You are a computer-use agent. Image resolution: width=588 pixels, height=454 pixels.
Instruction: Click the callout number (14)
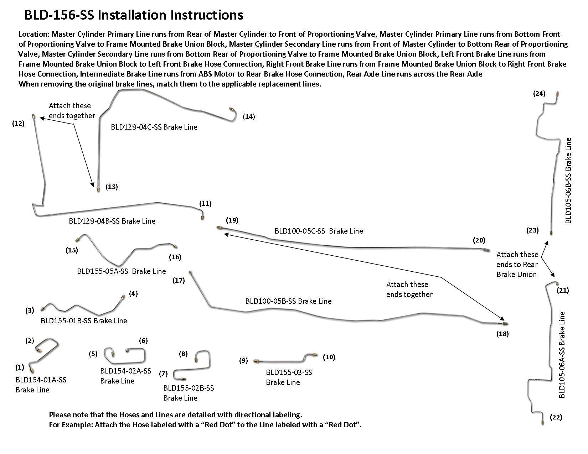[x=249, y=117]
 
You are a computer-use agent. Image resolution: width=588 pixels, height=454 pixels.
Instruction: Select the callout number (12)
[x=18, y=124]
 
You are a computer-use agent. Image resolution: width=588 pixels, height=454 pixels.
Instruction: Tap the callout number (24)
[x=539, y=94]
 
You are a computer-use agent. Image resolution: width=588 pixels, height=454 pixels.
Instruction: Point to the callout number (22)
[x=556, y=417]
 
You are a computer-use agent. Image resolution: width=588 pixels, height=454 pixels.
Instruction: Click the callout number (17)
[x=179, y=281]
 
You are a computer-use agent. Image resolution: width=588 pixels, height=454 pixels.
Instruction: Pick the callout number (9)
[x=243, y=361]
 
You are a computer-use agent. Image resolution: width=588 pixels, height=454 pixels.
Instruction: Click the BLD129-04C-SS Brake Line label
[x=154, y=127]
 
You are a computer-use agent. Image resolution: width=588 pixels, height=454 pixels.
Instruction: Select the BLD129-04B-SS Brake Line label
[x=112, y=221]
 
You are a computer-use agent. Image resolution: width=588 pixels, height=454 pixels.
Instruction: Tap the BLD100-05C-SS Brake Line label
[x=319, y=231]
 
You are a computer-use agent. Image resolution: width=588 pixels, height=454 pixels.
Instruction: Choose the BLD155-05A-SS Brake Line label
[x=122, y=271]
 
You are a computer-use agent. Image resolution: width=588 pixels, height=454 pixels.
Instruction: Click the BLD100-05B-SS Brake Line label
[x=288, y=301]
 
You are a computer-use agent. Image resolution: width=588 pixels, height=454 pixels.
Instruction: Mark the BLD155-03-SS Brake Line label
[x=289, y=377]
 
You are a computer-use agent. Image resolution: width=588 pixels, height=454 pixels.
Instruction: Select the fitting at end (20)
[x=487, y=250]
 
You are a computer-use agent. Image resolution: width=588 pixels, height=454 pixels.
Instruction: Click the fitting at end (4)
[x=122, y=297]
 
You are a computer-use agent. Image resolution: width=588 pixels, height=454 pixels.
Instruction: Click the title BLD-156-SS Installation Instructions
[x=134, y=15]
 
